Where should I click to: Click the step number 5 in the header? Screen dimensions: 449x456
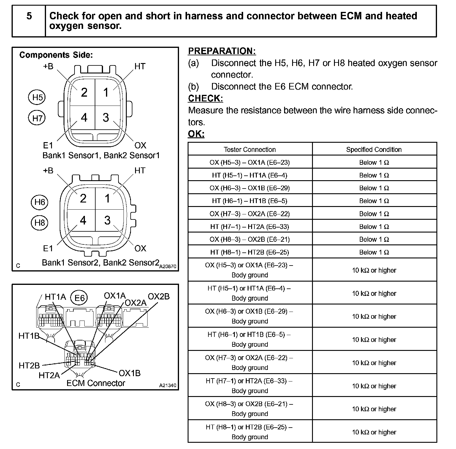pyautogui.click(x=29, y=16)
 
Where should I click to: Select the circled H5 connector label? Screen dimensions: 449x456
pyautogui.click(x=37, y=97)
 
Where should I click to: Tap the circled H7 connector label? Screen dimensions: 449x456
pyautogui.click(x=37, y=118)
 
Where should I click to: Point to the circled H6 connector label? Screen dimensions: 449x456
pyautogui.click(x=39, y=202)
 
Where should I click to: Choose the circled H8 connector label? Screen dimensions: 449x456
pyautogui.click(x=39, y=222)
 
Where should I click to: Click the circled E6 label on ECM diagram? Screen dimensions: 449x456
pyautogui.click(x=79, y=298)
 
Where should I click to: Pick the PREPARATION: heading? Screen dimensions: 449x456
pyautogui.click(x=222, y=51)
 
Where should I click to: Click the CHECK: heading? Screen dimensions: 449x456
pyautogui.click(x=205, y=98)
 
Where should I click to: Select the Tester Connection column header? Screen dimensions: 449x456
pyautogui.click(x=250, y=149)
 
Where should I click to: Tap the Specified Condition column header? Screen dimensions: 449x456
pyautogui.click(x=374, y=149)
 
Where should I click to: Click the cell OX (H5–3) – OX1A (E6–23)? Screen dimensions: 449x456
pyautogui.click(x=250, y=162)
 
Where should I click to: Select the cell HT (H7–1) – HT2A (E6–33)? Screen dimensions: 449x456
pyautogui.click(x=250, y=227)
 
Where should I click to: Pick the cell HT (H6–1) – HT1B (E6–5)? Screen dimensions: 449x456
pyautogui.click(x=250, y=201)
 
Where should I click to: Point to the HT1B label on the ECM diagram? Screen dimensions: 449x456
pyautogui.click(x=29, y=336)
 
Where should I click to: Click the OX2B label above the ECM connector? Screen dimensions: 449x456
pyautogui.click(x=159, y=296)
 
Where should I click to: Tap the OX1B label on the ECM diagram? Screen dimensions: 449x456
pyautogui.click(x=129, y=373)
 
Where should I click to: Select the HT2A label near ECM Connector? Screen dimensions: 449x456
pyautogui.click(x=49, y=375)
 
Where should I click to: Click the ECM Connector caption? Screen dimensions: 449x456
pyautogui.click(x=96, y=383)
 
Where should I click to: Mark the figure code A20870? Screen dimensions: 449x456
pyautogui.click(x=168, y=267)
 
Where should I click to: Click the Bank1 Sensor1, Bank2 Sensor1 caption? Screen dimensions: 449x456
pyautogui.click(x=101, y=155)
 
